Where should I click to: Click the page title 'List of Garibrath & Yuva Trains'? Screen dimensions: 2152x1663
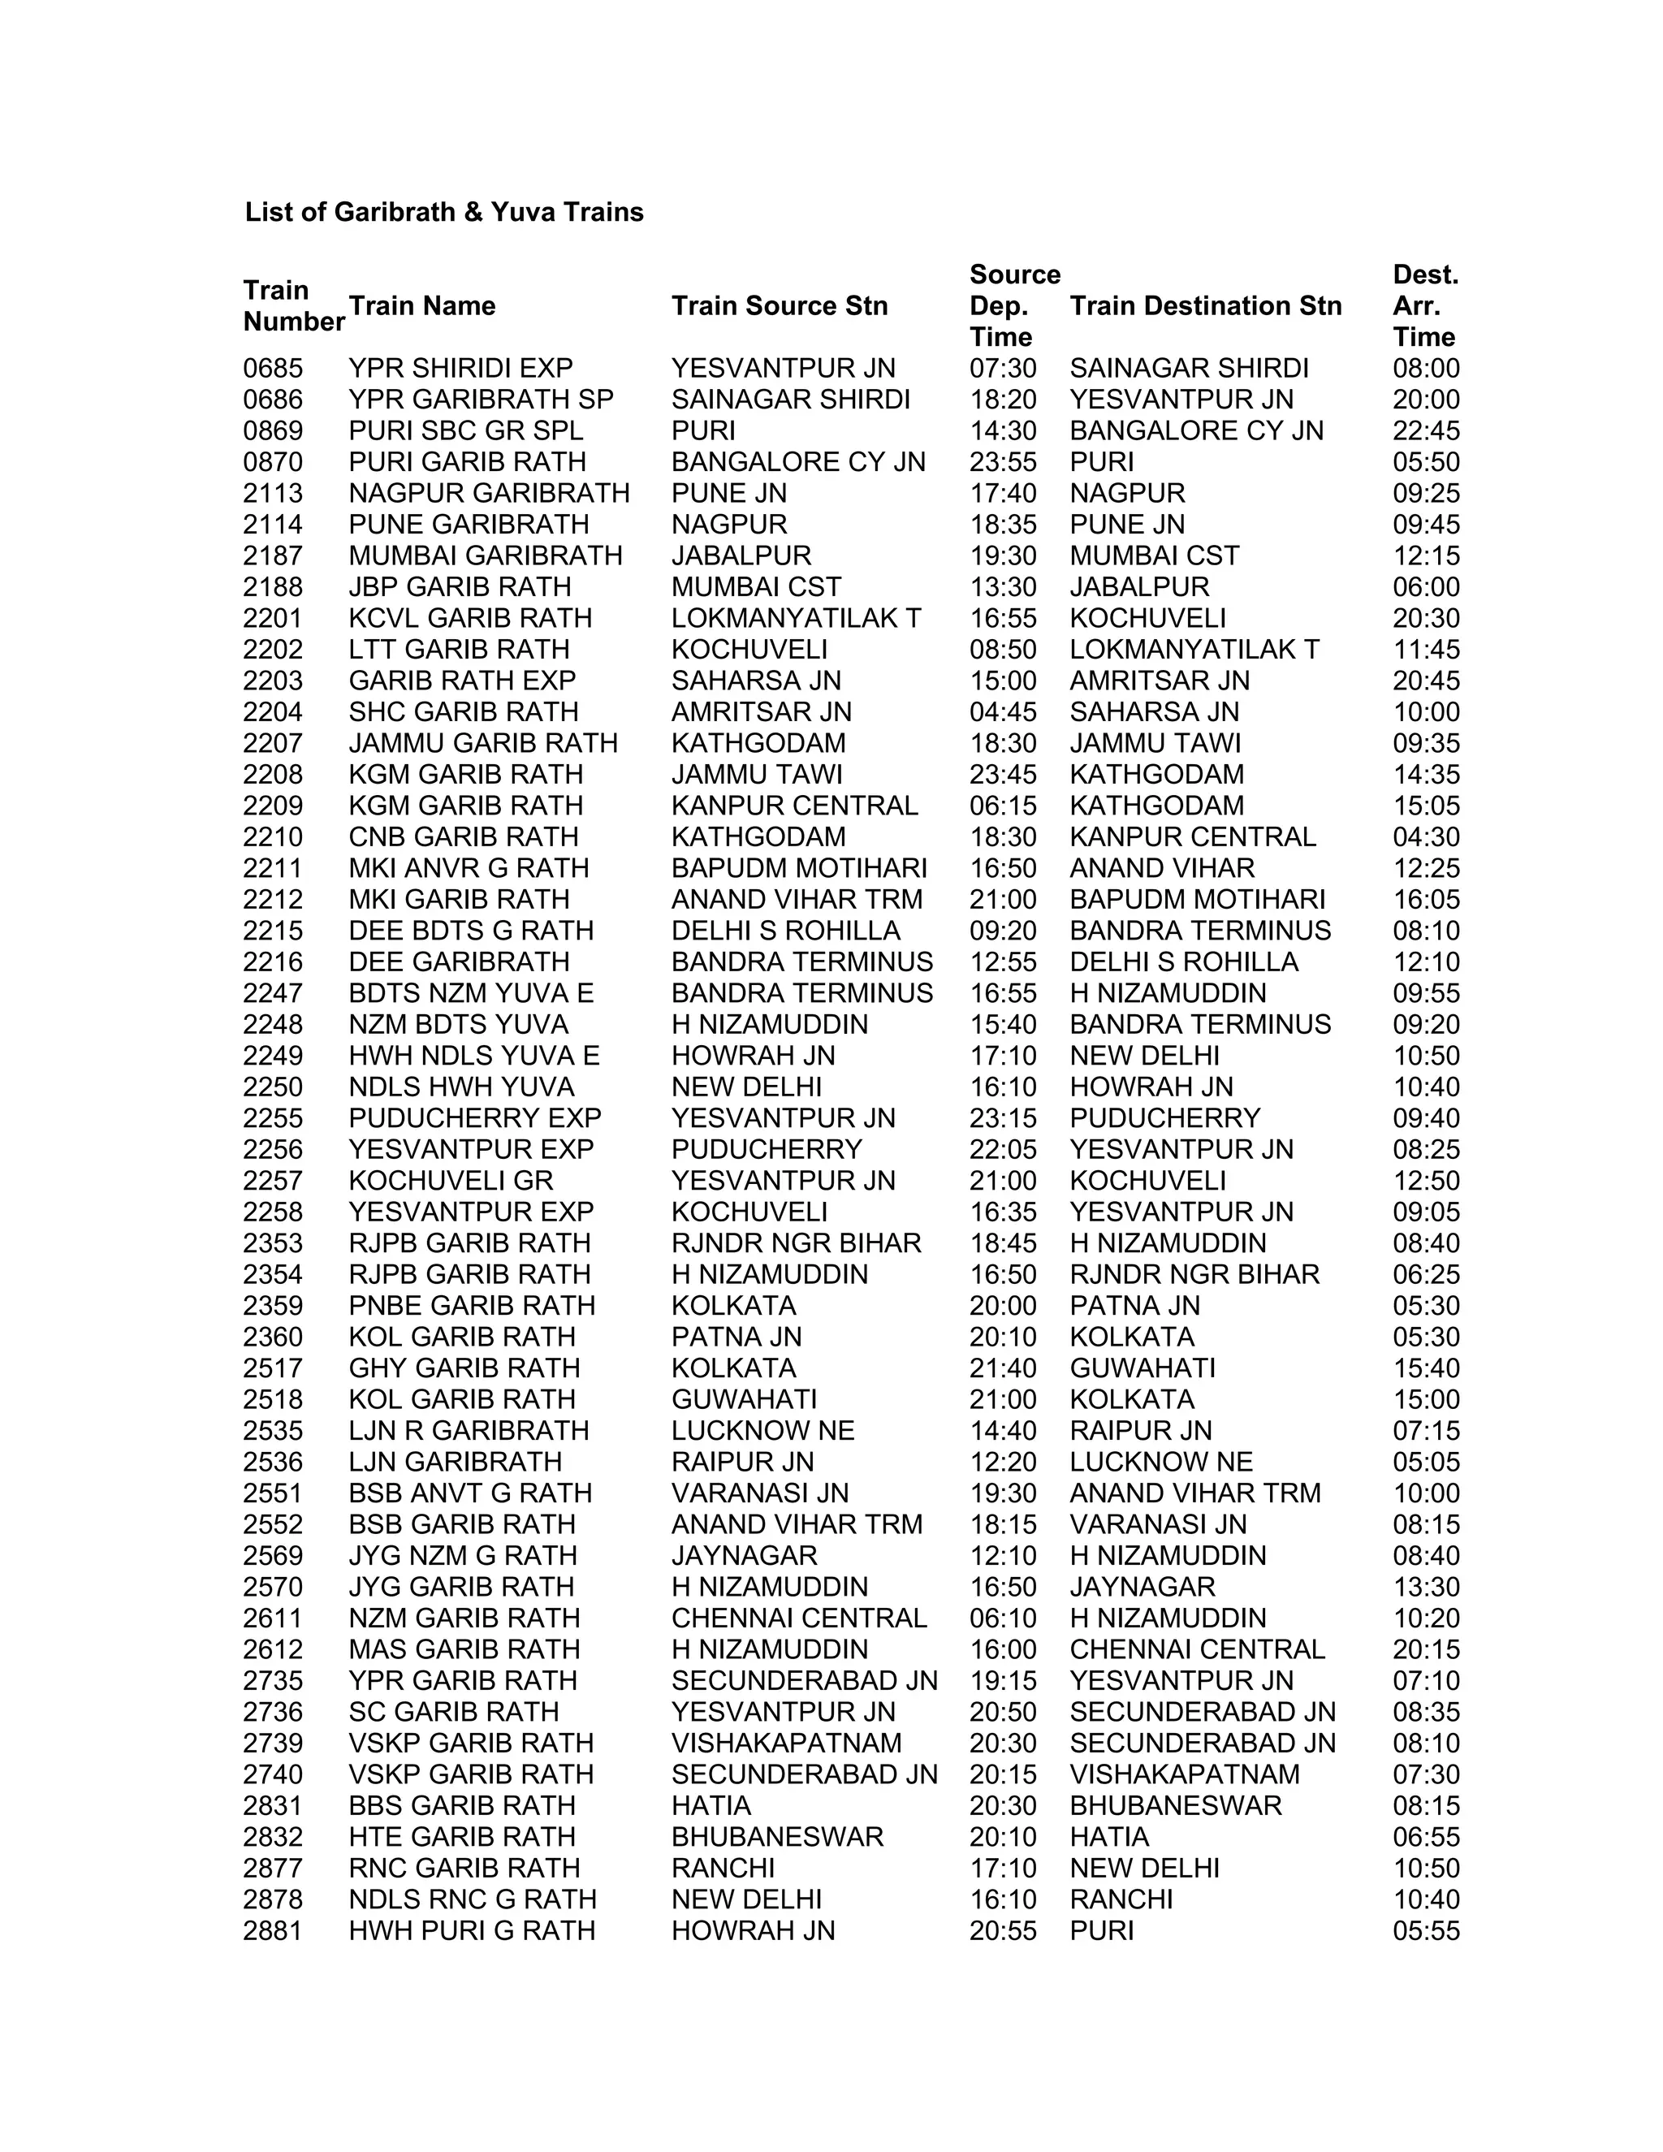[x=443, y=212]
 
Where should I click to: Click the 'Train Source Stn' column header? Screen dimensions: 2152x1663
[x=780, y=305]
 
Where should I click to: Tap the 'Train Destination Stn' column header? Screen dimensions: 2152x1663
[x=1205, y=305]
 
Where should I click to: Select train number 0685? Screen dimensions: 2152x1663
[x=273, y=369]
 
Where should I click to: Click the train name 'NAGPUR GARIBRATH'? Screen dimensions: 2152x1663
[x=489, y=494]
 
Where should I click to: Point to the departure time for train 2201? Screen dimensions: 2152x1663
[x=1002, y=619]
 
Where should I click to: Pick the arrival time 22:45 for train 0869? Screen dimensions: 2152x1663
[x=1426, y=430]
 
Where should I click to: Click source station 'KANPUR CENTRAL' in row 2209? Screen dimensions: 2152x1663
[x=794, y=806]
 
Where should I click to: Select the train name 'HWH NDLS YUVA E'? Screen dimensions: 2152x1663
[x=474, y=1057]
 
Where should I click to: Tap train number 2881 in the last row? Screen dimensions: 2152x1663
[x=273, y=1931]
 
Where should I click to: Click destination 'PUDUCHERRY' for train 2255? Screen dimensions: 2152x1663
[x=1164, y=1118]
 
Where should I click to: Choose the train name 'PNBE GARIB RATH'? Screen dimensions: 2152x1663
[x=472, y=1306]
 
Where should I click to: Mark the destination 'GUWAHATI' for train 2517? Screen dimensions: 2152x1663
[x=1142, y=1368]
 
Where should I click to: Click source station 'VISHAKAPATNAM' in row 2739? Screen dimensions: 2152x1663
[x=786, y=1744]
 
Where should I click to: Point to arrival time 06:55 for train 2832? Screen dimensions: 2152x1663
[x=1426, y=1838]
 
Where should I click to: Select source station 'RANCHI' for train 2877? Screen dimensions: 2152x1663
[x=724, y=1869]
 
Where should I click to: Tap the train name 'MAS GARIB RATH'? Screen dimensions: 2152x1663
[x=464, y=1649]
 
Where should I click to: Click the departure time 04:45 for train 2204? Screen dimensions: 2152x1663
[x=1002, y=712]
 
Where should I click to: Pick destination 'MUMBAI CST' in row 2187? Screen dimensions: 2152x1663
[x=1154, y=555]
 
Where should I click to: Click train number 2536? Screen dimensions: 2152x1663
[x=273, y=1463]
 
